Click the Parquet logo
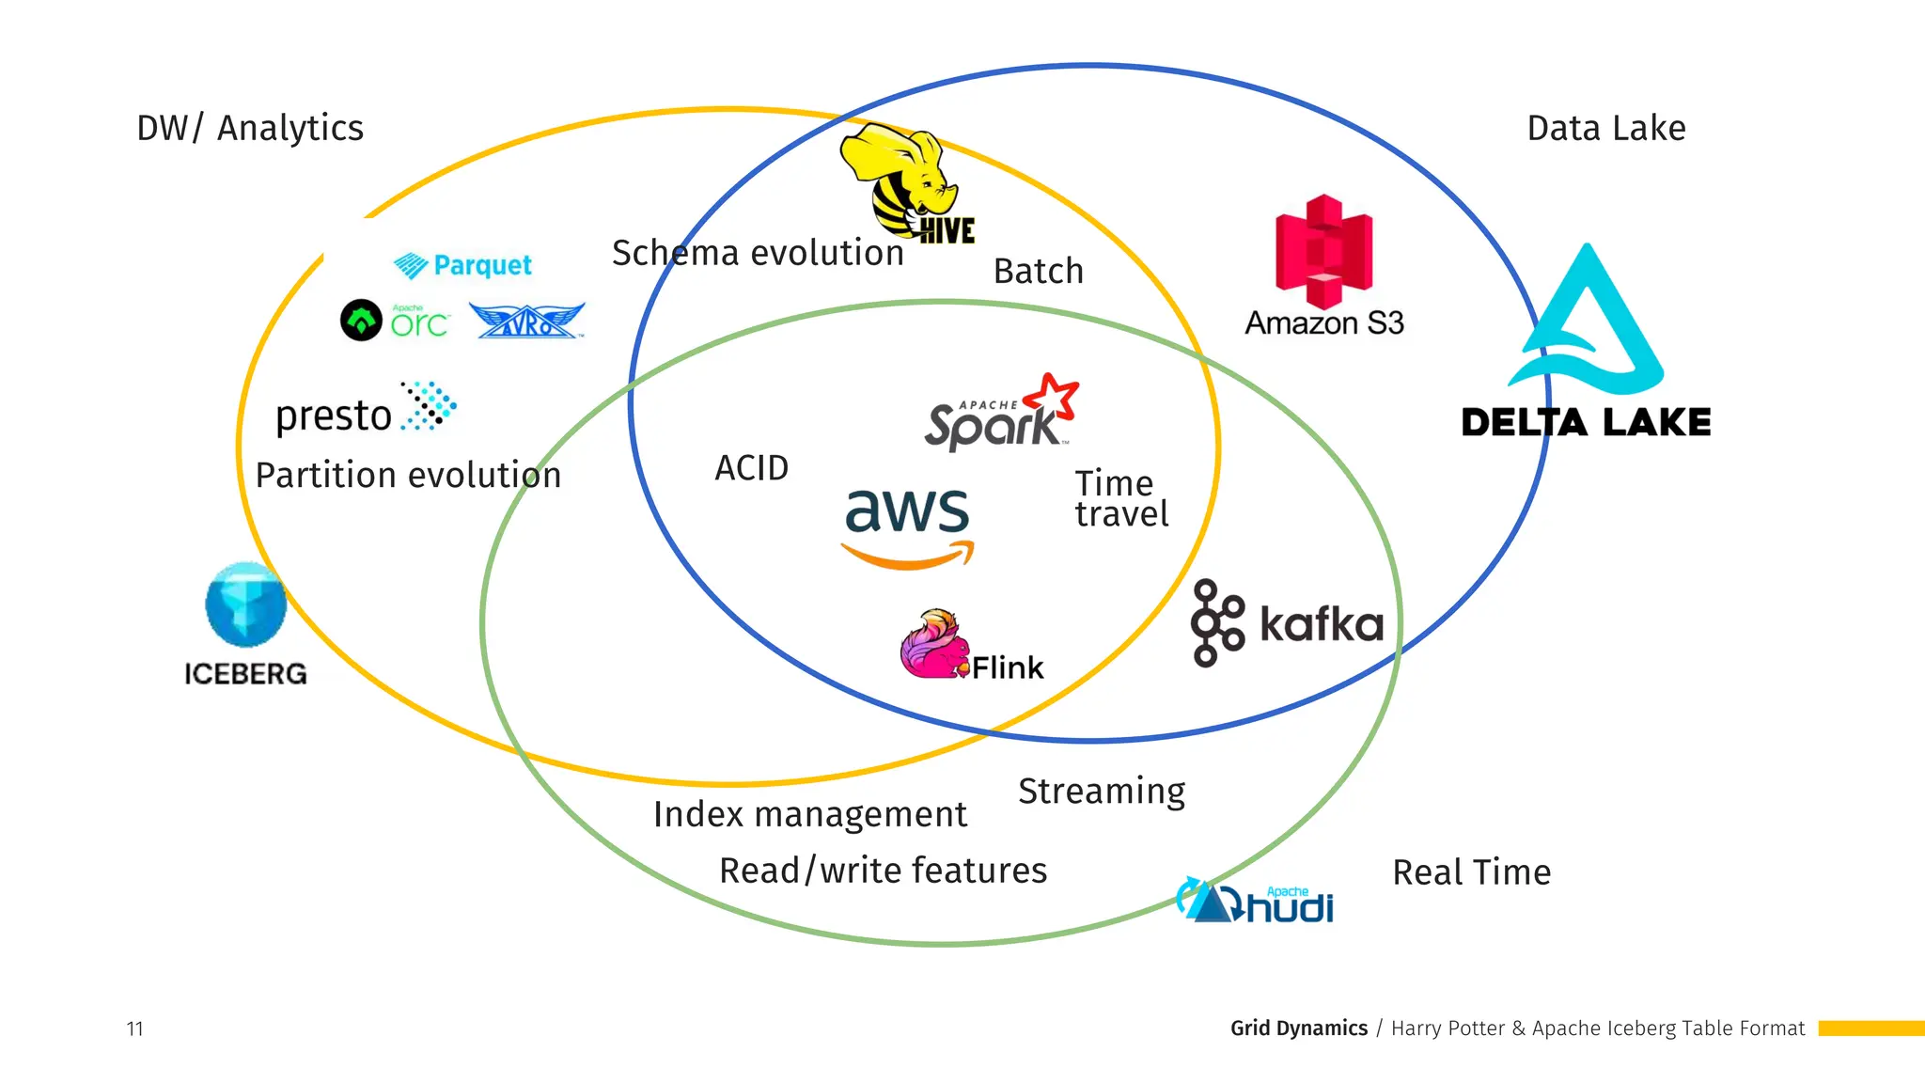tap(462, 265)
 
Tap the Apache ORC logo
tap(395, 321)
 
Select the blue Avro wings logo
tap(526, 321)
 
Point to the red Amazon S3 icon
tap(1323, 252)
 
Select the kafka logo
tap(1287, 623)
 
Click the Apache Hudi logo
tap(1255, 902)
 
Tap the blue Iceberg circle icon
tap(245, 604)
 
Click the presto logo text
tap(334, 416)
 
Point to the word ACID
tap(751, 468)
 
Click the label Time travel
tap(1120, 499)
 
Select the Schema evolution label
tap(758, 253)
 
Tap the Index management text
tap(809, 814)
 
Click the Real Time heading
tap(1471, 872)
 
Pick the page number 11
tap(134, 1028)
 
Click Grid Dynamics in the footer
tap(1298, 1028)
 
